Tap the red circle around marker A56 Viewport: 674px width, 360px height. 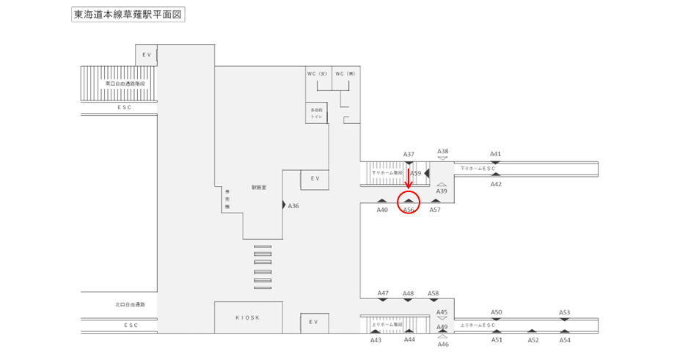click(x=409, y=200)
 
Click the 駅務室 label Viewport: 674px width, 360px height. click(x=258, y=188)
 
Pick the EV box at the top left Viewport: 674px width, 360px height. click(x=147, y=54)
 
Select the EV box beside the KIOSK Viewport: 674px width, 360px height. click(x=314, y=322)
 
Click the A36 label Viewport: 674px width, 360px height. click(x=294, y=206)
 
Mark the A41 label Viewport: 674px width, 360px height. click(x=496, y=154)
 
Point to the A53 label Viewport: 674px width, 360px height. click(x=565, y=312)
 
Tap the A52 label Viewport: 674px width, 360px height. click(x=533, y=340)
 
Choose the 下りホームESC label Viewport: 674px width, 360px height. click(x=478, y=169)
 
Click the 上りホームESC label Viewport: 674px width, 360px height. click(x=478, y=325)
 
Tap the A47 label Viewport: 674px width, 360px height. click(x=383, y=293)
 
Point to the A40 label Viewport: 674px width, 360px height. click(x=382, y=210)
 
